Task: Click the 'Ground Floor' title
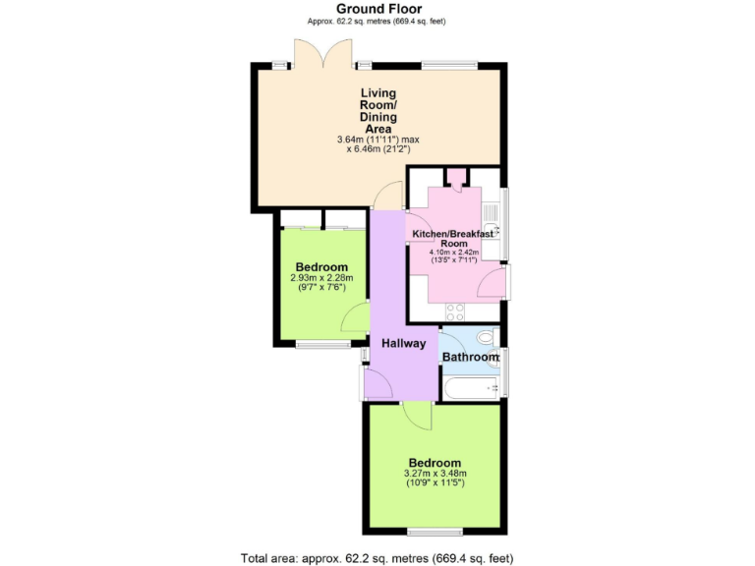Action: click(x=377, y=9)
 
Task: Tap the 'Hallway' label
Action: click(x=404, y=343)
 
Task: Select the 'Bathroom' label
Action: click(x=471, y=357)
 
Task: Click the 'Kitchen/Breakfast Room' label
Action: click(x=453, y=238)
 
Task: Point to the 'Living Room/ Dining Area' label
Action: click(x=377, y=112)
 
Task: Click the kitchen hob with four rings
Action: click(x=455, y=312)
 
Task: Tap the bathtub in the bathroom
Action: click(x=471, y=388)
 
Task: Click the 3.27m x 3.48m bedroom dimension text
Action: click(x=434, y=478)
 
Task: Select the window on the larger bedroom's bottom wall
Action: click(x=436, y=532)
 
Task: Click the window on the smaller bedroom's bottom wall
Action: click(x=322, y=344)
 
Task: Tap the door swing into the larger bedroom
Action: click(x=417, y=416)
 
